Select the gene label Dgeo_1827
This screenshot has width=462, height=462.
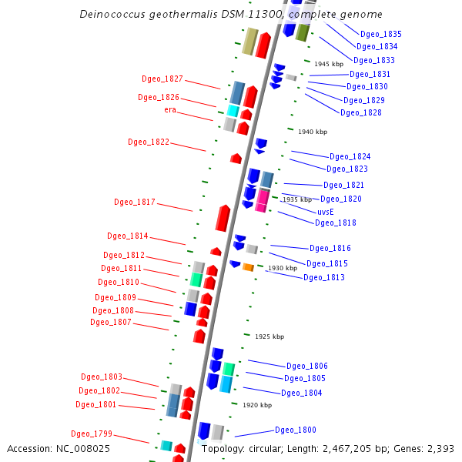click(162, 79)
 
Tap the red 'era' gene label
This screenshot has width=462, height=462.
click(170, 109)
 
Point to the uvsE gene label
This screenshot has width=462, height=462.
click(326, 211)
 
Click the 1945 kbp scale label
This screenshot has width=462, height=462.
click(328, 64)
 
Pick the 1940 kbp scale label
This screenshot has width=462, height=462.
click(313, 132)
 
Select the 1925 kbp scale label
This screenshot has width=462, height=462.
click(269, 336)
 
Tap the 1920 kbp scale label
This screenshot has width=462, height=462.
click(257, 404)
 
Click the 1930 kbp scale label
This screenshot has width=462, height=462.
click(283, 268)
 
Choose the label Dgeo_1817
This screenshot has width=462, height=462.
click(135, 202)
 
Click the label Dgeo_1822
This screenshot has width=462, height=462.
click(149, 142)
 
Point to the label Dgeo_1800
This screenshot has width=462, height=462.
click(296, 430)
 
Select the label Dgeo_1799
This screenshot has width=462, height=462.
click(92, 434)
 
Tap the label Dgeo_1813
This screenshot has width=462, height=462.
click(324, 277)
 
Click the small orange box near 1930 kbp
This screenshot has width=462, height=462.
click(249, 267)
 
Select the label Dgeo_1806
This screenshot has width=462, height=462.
click(307, 366)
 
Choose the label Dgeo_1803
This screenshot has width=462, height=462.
click(102, 377)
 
